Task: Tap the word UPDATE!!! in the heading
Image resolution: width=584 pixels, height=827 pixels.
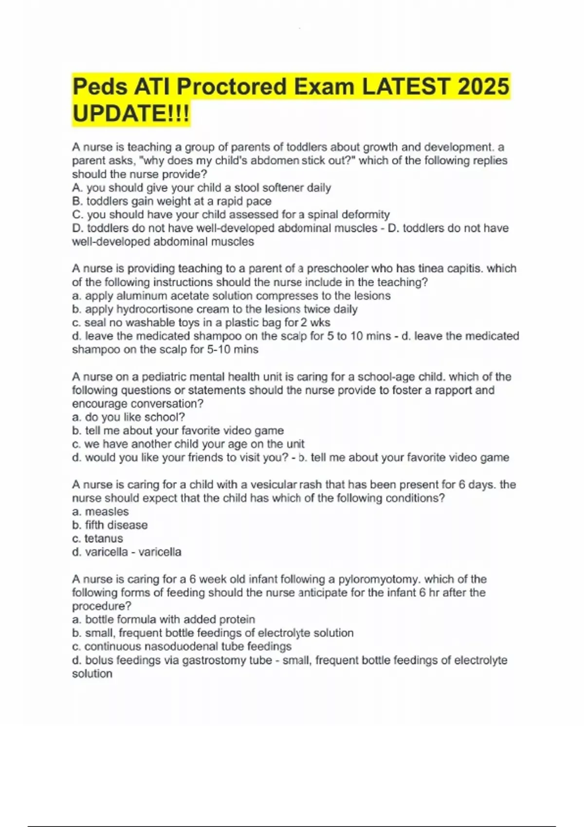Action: coord(131,114)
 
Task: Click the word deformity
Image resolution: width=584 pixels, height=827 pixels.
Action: coord(366,215)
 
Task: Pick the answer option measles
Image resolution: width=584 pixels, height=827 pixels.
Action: coord(107,512)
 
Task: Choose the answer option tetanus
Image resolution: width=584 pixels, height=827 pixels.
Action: coord(104,539)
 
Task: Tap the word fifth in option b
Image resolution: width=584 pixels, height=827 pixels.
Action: coord(94,525)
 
